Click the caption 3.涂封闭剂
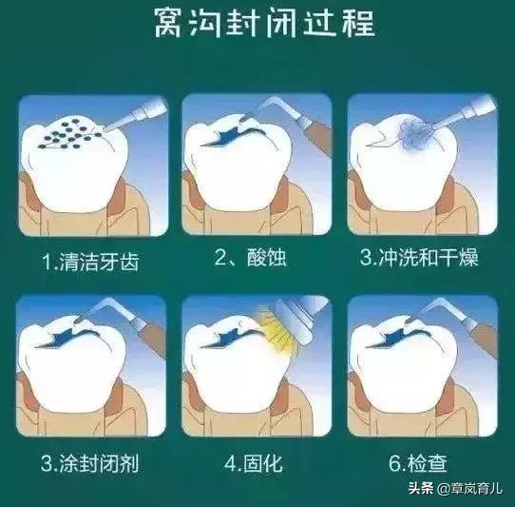tap(92, 467)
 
